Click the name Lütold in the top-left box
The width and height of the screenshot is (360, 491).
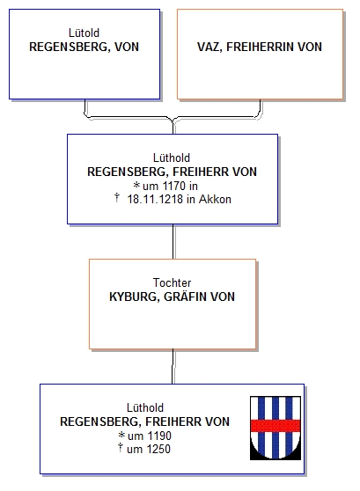coord(84,33)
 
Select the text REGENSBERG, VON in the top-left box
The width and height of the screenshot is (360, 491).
coord(84,47)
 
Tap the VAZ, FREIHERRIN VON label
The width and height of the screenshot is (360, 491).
coord(260,47)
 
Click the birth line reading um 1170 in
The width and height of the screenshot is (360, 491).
coord(170,186)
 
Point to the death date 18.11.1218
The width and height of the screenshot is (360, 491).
coord(155,199)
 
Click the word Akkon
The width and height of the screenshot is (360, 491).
coord(215,199)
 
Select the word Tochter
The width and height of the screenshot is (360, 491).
coord(172,282)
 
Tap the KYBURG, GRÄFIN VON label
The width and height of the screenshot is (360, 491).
coord(172,297)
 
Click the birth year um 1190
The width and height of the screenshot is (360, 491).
coord(149,436)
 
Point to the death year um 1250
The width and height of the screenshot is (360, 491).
coord(149,449)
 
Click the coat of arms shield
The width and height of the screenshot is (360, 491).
coord(276,428)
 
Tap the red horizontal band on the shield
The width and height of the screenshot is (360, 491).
coord(276,426)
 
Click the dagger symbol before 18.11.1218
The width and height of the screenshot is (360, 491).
coord(117,198)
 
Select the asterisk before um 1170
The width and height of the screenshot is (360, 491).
coord(136,185)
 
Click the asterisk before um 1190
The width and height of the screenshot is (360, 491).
coord(121,435)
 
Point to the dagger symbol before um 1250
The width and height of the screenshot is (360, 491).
coord(121,448)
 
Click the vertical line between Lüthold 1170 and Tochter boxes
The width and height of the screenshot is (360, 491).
coord(173,241)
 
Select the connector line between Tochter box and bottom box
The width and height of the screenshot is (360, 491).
coord(173,366)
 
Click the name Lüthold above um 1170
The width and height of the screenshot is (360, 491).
coord(172,158)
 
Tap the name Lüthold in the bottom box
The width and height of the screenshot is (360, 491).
coord(145,407)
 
